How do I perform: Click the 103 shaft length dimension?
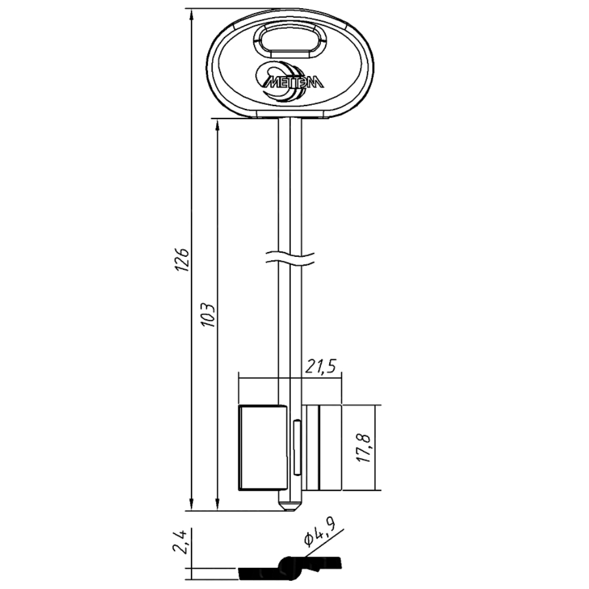208,314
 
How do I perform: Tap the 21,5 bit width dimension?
320,366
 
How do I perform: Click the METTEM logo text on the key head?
292,82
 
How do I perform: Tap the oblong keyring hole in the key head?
290,41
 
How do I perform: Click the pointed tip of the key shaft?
289,511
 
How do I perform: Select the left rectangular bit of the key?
263,448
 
